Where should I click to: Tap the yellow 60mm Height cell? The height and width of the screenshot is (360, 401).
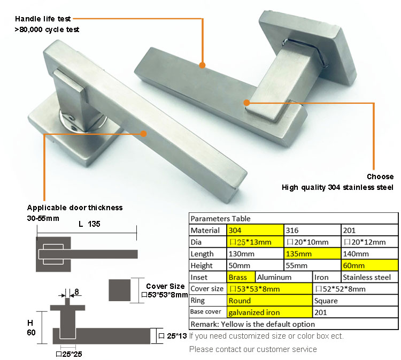tap(369, 265)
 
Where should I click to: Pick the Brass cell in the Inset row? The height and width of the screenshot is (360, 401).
tap(241, 277)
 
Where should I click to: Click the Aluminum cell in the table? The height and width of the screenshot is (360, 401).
tap(284, 277)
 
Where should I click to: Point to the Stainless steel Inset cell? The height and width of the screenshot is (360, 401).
tap(369, 277)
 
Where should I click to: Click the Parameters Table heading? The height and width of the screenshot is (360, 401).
tap(220, 218)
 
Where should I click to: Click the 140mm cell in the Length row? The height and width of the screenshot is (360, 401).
tap(369, 254)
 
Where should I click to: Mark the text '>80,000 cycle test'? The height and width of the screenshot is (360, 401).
tap(47, 29)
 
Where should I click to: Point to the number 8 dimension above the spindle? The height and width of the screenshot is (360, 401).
tap(76, 292)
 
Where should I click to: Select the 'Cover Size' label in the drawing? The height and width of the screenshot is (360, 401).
tap(165, 286)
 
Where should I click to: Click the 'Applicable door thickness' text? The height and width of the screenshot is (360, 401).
tap(75, 208)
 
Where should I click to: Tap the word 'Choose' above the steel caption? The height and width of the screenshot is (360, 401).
tap(380, 177)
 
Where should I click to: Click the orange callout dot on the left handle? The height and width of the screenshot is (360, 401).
tap(143, 134)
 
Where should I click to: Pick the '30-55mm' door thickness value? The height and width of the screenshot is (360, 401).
tap(43, 219)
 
